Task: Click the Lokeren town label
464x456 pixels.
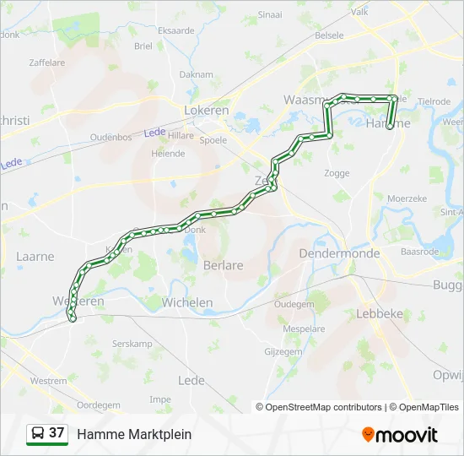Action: tap(207, 110)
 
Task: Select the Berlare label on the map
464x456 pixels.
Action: tap(223, 265)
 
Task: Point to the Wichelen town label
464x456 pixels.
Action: tap(187, 301)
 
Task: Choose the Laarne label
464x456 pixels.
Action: tap(35, 257)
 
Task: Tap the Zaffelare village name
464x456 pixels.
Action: tap(46, 62)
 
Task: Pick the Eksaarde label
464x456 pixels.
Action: tap(176, 30)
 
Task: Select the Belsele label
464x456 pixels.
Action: tap(328, 35)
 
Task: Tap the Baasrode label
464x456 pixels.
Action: tap(419, 251)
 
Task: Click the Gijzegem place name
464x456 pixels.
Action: tap(283, 350)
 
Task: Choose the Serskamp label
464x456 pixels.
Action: tap(132, 345)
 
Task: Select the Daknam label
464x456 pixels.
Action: tap(196, 74)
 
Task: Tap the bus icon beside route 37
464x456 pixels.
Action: tap(38, 433)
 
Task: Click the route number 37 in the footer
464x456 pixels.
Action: tap(57, 433)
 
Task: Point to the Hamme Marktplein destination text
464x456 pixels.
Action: tap(134, 434)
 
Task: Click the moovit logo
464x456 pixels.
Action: tap(400, 435)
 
